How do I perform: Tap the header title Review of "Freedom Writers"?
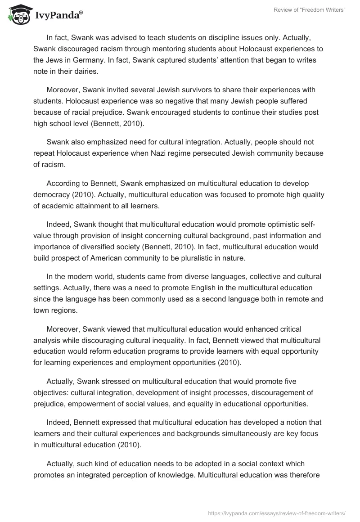pos(309,10)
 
